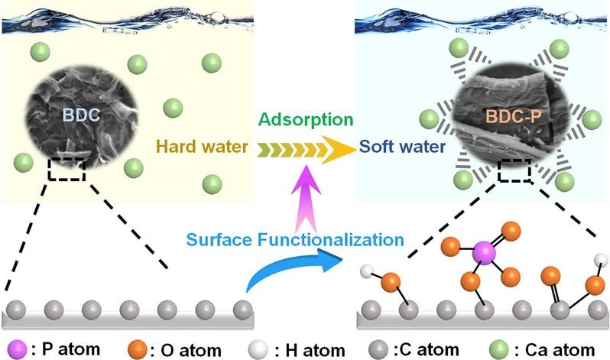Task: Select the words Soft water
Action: (403, 146)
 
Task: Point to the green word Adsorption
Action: (305, 119)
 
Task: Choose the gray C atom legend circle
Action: (375, 349)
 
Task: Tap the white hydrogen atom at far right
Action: (602, 258)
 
